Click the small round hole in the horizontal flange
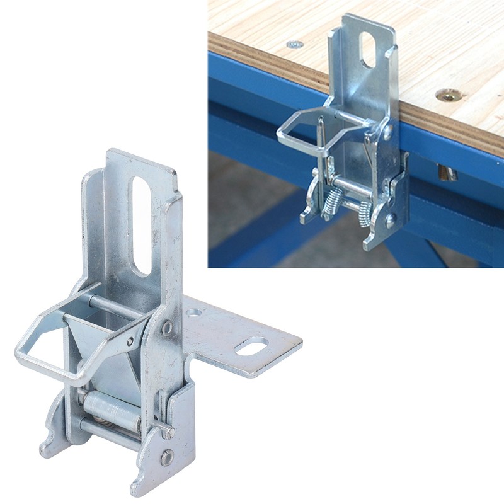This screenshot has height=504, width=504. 194,312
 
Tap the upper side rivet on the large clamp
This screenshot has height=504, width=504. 166,328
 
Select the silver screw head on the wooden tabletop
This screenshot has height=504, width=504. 293,45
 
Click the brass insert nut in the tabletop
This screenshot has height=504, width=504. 449,96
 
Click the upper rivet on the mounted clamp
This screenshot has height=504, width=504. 387,133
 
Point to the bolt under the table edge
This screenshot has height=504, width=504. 446,171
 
